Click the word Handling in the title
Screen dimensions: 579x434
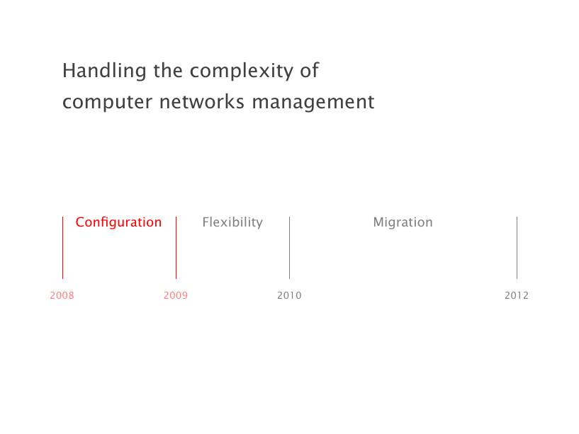coord(104,71)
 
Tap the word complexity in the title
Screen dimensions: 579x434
coord(242,71)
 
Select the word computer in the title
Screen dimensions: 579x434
coord(107,102)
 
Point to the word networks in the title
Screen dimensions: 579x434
coord(201,101)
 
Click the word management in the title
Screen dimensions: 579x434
coord(313,102)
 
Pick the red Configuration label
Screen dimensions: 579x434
coord(118,222)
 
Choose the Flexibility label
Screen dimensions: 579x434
coord(232,222)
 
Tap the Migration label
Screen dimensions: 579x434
coord(403,222)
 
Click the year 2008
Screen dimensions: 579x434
coord(62,295)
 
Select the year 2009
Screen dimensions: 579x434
coord(176,295)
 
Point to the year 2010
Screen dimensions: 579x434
coord(289,295)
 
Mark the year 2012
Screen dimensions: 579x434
coord(517,295)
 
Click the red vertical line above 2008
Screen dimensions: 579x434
coord(63,248)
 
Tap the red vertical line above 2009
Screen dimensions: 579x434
coord(176,248)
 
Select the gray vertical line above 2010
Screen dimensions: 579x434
coord(289,248)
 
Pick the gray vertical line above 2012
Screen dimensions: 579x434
coord(517,248)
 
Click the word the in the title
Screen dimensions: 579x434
coord(168,70)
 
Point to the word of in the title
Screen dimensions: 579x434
coord(310,70)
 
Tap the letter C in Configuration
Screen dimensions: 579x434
coord(80,222)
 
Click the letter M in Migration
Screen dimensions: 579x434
coord(378,222)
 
